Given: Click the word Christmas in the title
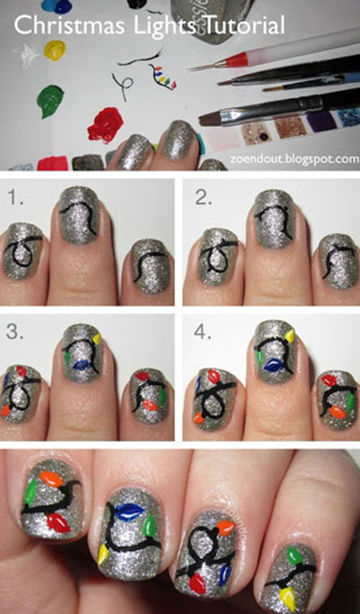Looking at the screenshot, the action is [68, 25].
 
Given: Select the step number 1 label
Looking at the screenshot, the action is [15, 199].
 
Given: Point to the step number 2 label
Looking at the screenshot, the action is [203, 199].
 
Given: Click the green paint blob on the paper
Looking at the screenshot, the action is [50, 101].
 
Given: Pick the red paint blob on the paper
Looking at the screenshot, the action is [105, 124].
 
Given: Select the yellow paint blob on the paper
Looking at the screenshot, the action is [55, 50].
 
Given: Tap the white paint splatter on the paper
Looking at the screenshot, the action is [26, 55].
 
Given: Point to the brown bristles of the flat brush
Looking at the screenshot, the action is [211, 117].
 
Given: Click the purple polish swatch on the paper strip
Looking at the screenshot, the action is [321, 121].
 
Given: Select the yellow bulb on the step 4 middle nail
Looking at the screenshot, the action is [290, 336].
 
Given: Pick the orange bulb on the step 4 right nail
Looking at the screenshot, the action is [337, 411].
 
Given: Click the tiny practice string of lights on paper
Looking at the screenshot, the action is [162, 77].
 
